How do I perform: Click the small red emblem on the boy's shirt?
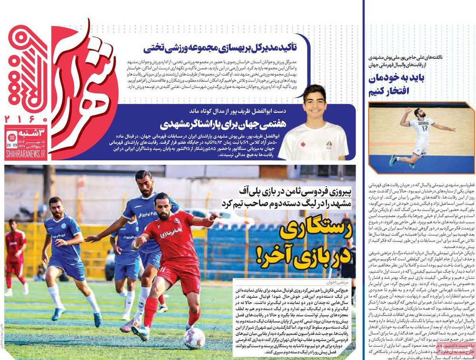pyautogui.click(x=302, y=143)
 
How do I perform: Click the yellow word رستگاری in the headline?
pyautogui.click(x=315, y=230)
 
